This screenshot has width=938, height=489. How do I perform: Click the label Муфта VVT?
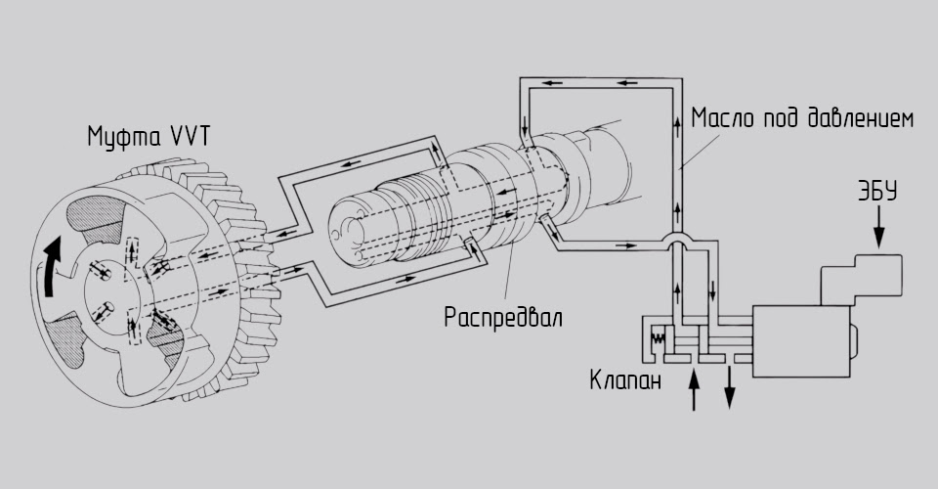[149, 137]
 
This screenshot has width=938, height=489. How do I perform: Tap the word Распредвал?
[503, 317]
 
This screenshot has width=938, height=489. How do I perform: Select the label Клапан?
[625, 381]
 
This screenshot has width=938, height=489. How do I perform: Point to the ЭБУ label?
[878, 192]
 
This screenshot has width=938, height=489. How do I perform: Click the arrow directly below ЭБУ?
[878, 227]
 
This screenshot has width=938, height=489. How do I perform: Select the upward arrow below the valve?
[694, 389]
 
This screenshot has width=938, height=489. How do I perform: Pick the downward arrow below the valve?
[729, 388]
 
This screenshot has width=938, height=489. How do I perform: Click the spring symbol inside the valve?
[658, 337]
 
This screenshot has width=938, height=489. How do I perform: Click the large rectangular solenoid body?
[801, 341]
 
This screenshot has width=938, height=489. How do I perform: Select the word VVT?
[189, 137]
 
